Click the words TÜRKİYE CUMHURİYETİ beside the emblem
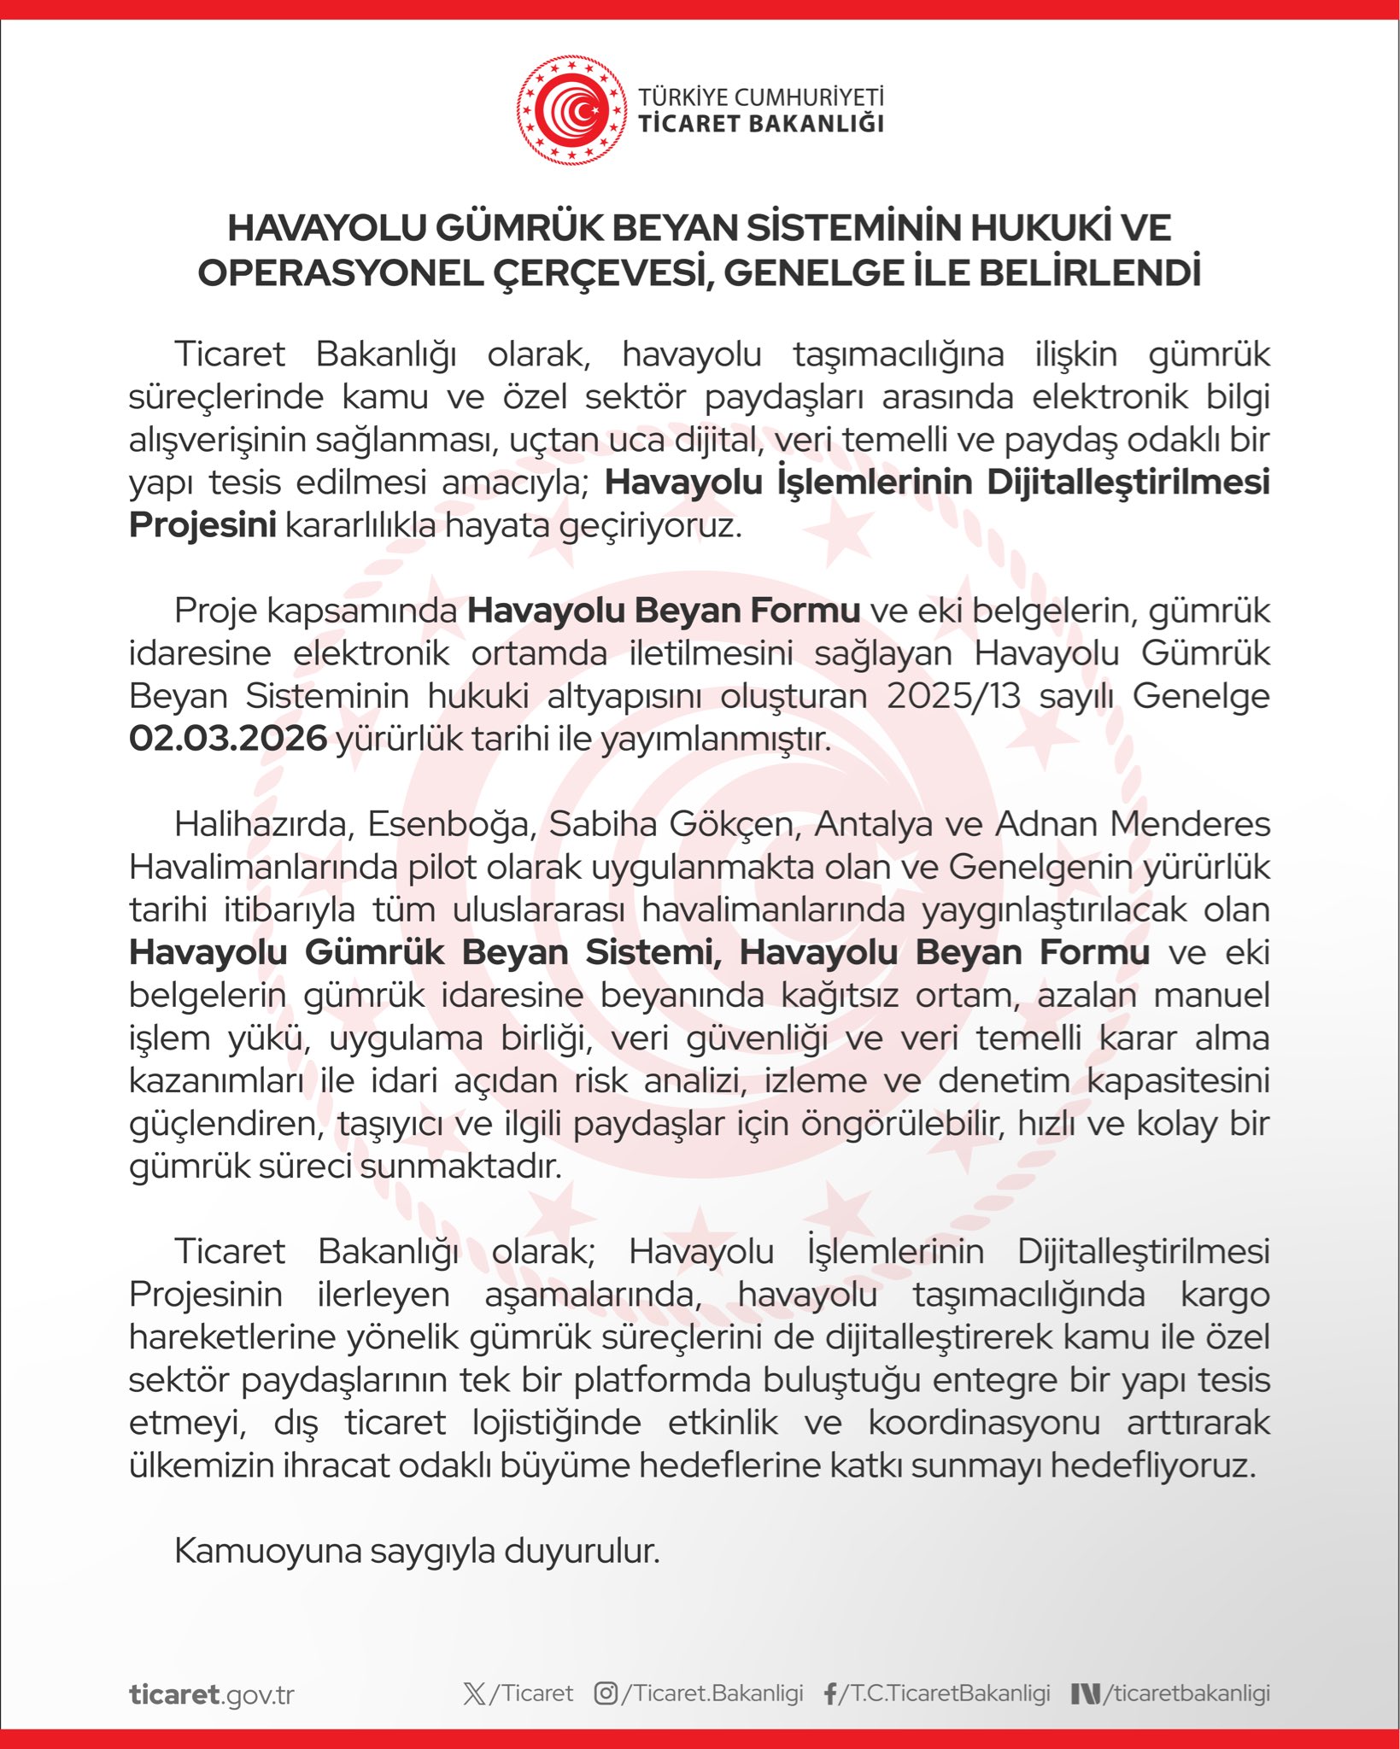[761, 97]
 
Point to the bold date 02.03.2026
[228, 739]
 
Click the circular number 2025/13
[953, 696]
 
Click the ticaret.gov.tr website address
[212, 1694]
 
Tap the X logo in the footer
[474, 1693]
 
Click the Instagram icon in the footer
[606, 1693]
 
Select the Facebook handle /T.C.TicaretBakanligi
[945, 1693]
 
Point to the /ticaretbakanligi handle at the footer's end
[1186, 1693]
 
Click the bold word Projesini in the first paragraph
[202, 525]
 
